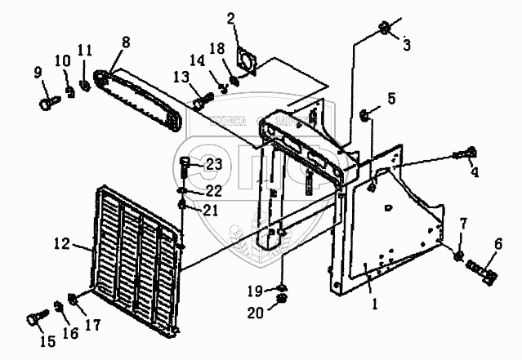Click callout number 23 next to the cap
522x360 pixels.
coord(213,164)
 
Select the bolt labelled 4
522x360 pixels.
coord(471,153)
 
